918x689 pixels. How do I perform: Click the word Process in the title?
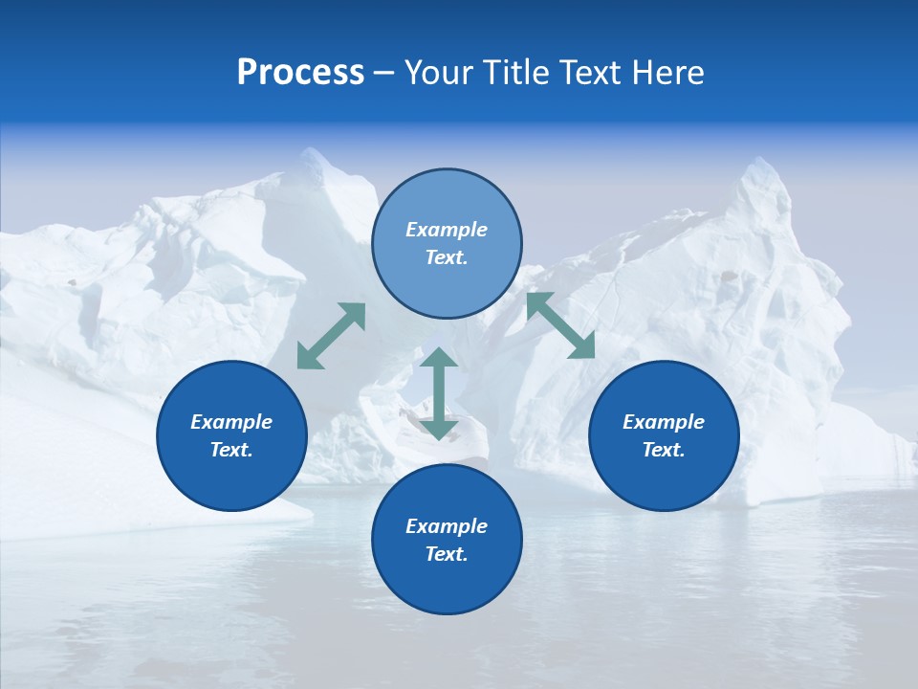point(300,73)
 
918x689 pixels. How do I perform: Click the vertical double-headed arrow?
point(439,394)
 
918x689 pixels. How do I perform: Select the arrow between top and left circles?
point(331,336)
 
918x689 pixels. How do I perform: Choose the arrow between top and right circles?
point(560,325)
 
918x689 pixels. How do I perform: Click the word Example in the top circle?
point(447,230)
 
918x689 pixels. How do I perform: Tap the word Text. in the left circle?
point(231,450)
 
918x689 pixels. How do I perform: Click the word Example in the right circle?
point(664,422)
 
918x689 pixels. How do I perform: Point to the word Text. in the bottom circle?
point(447,554)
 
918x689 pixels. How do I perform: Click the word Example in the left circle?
point(231,422)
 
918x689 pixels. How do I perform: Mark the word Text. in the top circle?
point(447,257)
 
